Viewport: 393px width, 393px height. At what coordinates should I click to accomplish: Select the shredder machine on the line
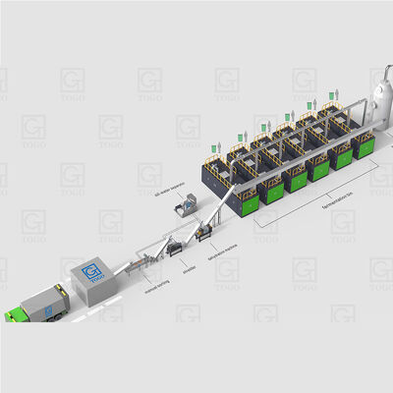175,249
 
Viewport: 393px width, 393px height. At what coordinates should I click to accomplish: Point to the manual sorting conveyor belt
147,256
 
